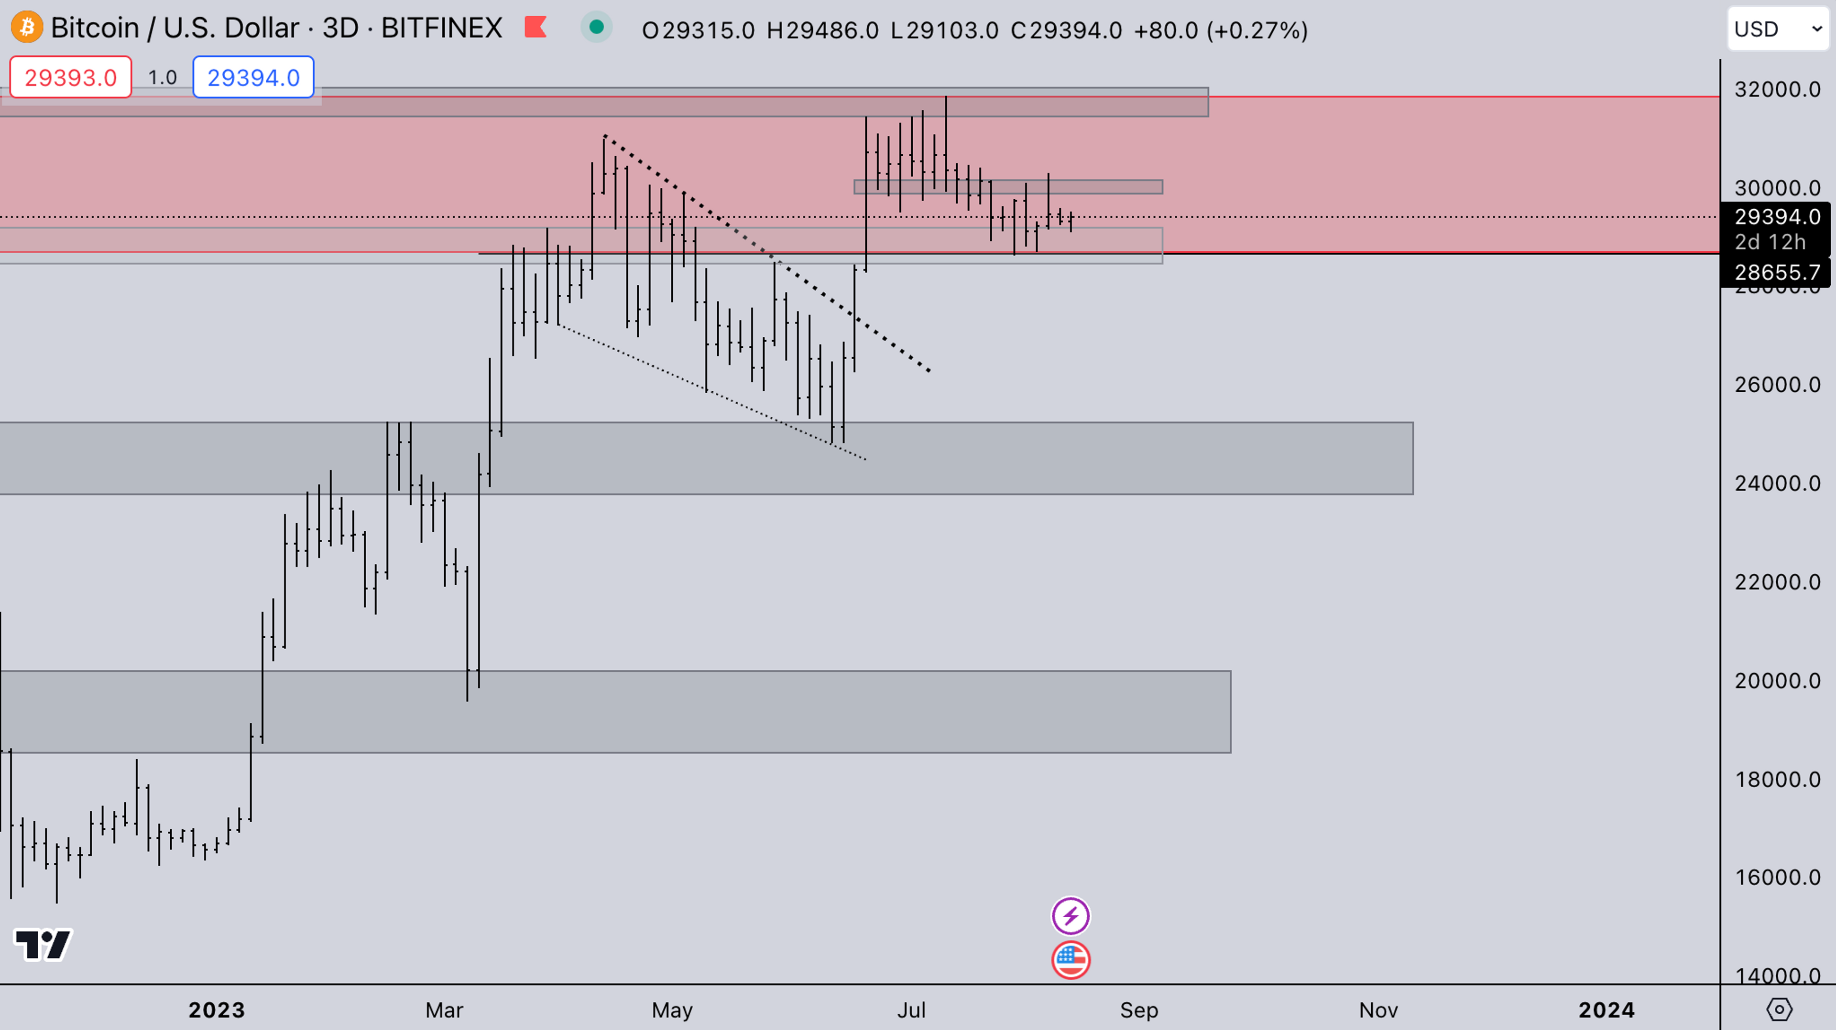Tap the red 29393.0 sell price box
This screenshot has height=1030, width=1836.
pyautogui.click(x=71, y=77)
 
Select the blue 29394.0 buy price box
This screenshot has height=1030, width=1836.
pyautogui.click(x=253, y=77)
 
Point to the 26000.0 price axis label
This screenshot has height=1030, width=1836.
pyautogui.click(x=1777, y=385)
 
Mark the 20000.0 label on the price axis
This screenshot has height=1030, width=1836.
pyautogui.click(x=1777, y=681)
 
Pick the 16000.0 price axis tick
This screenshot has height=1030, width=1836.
pyautogui.click(x=1777, y=877)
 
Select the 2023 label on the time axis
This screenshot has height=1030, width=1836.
pyautogui.click(x=217, y=1010)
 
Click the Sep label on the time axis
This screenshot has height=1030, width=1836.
pyautogui.click(x=1139, y=1010)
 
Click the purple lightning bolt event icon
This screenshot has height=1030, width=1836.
pyautogui.click(x=1071, y=916)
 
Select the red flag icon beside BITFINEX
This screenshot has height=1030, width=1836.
pyautogui.click(x=535, y=28)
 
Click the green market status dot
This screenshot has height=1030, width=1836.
pyautogui.click(x=597, y=28)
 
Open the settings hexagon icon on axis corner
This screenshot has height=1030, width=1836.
pyautogui.click(x=1779, y=1009)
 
